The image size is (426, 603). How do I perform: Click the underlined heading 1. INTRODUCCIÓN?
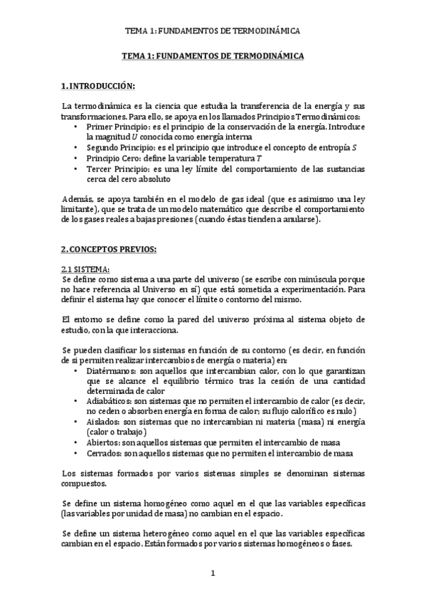click(x=97, y=86)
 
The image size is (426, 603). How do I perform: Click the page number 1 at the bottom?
click(x=213, y=573)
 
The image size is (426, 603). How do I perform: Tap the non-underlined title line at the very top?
click(x=213, y=31)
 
